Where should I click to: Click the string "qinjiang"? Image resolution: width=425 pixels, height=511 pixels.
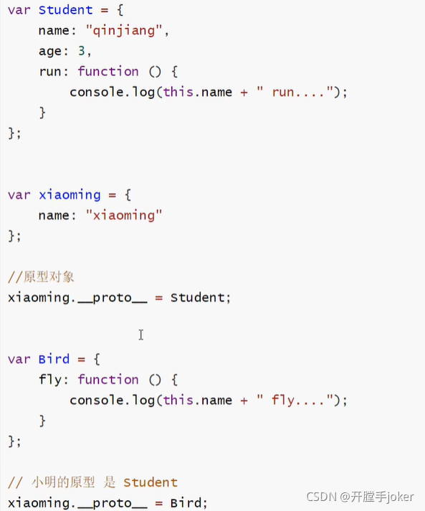[124, 31]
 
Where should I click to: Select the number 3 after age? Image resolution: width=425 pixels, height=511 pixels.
[82, 51]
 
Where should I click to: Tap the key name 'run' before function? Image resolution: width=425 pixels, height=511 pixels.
[50, 72]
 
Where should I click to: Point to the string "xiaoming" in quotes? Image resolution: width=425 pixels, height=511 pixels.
[124, 215]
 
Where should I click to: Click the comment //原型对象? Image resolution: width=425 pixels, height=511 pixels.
[41, 277]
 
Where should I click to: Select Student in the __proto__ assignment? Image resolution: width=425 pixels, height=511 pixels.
[197, 297]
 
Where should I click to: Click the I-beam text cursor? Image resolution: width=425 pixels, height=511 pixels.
[141, 334]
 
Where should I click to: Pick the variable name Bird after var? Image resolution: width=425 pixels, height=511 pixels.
[54, 359]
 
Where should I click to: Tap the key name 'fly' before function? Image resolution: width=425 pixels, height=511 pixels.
[50, 380]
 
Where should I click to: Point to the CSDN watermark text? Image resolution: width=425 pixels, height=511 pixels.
[360, 497]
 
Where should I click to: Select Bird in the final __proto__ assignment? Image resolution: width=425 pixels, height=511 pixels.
[186, 503]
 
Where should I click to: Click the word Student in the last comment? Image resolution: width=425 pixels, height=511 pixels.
[151, 482]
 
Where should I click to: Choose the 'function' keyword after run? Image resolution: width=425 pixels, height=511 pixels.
[108, 71]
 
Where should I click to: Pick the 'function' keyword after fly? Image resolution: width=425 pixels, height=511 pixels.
[108, 380]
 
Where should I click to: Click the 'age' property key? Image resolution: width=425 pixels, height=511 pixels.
[50, 52]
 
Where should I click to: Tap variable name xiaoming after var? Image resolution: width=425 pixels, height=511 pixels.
[70, 195]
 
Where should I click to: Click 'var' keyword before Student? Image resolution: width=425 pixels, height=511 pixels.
[19, 10]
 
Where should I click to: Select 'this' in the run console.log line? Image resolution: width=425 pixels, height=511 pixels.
[178, 92]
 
